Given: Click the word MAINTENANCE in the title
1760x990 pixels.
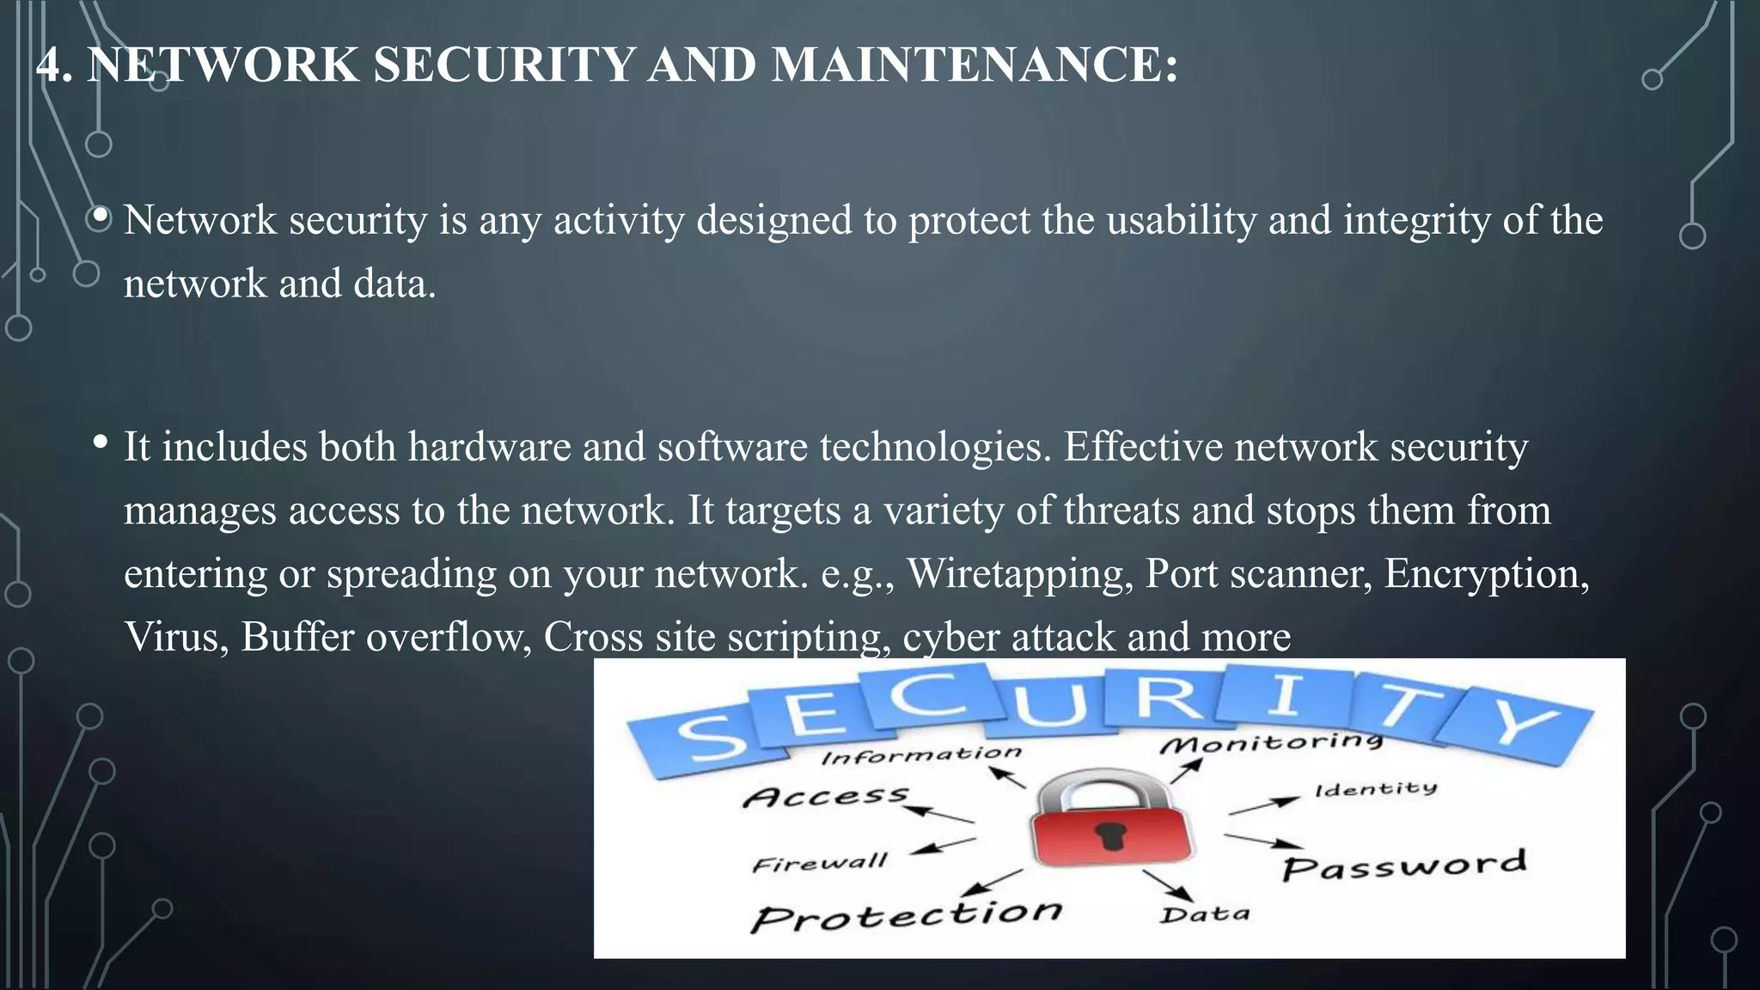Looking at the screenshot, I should click(974, 64).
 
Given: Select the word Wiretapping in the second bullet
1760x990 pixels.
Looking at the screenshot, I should click(1019, 573).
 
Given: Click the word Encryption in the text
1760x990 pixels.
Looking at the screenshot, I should click(1486, 573).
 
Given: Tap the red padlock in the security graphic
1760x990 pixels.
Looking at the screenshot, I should click(1112, 820).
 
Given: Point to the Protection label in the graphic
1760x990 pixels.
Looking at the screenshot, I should click(906, 915).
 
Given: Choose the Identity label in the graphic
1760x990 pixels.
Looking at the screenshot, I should click(1375, 789).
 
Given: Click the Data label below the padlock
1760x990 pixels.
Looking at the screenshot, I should click(1204, 914).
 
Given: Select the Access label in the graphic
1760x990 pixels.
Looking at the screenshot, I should click(825, 797).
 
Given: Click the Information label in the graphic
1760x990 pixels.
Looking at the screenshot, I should click(920, 755).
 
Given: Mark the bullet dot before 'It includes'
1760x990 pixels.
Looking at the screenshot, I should click(101, 443).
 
